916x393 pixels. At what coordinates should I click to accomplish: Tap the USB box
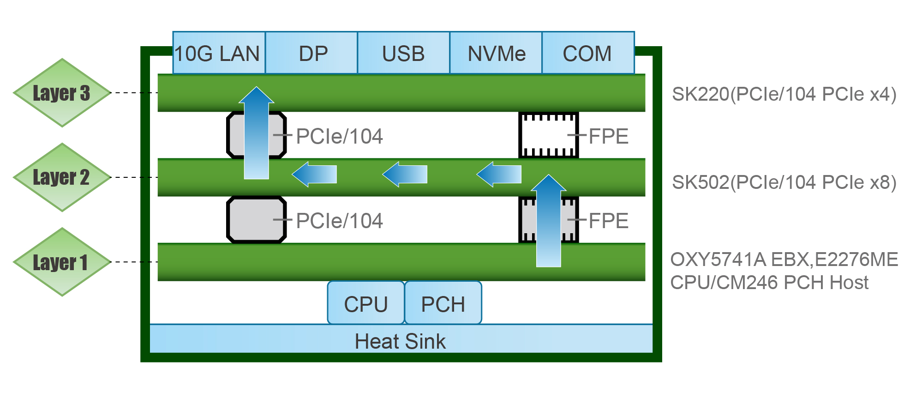click(x=403, y=53)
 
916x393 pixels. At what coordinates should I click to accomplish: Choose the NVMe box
click(x=496, y=53)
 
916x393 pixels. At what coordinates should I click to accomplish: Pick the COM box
click(x=588, y=53)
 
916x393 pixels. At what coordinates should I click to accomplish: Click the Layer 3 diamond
click(x=62, y=93)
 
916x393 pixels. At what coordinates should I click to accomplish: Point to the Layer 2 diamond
click(x=62, y=177)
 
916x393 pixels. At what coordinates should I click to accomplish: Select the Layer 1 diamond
click(x=62, y=262)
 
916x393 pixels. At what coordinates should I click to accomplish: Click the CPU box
click(x=366, y=303)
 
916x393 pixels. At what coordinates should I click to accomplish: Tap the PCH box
click(x=443, y=303)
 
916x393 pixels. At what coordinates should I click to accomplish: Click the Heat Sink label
click(x=400, y=341)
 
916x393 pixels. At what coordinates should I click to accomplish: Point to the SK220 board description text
click(x=784, y=94)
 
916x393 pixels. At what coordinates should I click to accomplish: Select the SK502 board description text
click(x=784, y=182)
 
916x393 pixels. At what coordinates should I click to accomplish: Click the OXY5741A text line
click(x=784, y=260)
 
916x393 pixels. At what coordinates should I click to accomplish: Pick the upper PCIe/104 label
click(x=339, y=136)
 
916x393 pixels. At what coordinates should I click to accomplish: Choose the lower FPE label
click(x=608, y=221)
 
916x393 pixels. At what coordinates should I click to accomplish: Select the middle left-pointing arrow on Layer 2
click(x=405, y=174)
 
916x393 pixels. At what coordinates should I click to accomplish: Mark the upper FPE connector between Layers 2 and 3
click(x=548, y=135)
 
